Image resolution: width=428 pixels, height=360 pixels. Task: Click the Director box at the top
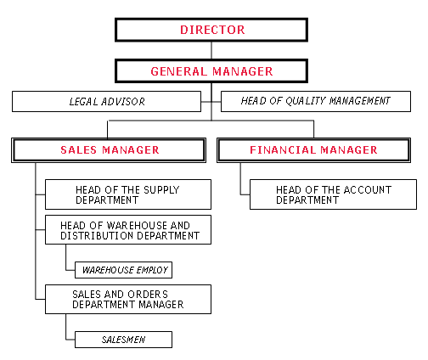point(211,30)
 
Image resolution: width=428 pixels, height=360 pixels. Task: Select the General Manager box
point(211,70)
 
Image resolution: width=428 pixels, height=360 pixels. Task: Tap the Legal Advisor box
point(106,101)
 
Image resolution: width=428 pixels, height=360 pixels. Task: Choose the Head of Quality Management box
point(316,101)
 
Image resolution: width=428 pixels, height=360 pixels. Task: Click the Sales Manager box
point(109,150)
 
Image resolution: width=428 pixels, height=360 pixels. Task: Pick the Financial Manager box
point(313,150)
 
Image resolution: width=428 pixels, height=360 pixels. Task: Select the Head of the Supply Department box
point(128,194)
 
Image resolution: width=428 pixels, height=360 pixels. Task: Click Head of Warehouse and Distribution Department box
point(128,229)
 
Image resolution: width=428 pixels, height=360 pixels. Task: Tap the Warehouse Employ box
point(123,270)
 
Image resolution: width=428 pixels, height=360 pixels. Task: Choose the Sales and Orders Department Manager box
point(128,299)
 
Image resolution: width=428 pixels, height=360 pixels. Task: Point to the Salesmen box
point(123,340)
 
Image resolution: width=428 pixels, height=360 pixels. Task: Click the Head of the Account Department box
point(333,194)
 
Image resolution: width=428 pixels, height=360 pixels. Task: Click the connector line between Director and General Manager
point(211,50)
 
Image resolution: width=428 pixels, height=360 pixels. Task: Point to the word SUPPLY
point(161,190)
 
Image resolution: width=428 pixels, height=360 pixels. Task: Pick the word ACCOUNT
point(368,190)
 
